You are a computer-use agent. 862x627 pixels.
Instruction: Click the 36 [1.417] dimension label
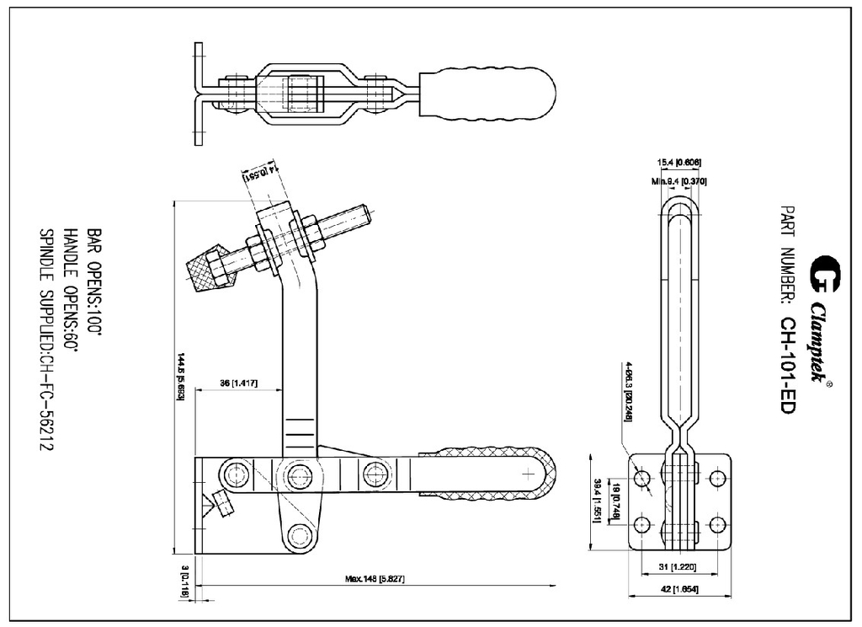pyautogui.click(x=238, y=383)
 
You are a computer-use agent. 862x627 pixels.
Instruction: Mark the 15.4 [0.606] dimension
pyautogui.click(x=679, y=162)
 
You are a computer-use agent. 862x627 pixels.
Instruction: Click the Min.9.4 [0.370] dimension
pyautogui.click(x=679, y=180)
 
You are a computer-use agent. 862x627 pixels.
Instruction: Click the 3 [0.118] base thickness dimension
pyautogui.click(x=185, y=582)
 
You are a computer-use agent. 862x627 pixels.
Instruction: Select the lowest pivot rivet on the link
pyautogui.click(x=298, y=533)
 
